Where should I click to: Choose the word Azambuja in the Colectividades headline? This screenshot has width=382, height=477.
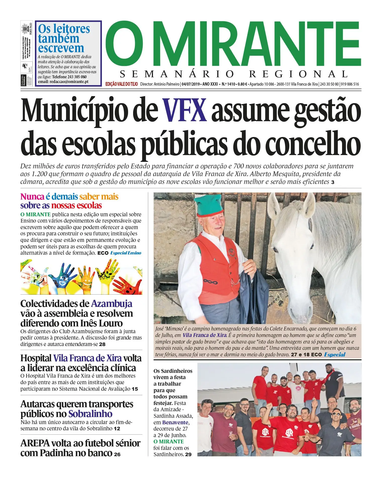(112, 304)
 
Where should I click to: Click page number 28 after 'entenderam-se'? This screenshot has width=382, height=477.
(102, 344)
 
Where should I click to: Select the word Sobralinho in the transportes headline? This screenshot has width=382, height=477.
(90, 414)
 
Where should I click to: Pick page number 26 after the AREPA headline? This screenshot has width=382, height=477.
(117, 454)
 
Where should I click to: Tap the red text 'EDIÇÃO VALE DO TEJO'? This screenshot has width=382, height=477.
(122, 84)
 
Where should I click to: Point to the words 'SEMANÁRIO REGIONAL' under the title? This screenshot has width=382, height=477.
(234, 74)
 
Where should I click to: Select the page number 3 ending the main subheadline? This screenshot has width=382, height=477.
(333, 182)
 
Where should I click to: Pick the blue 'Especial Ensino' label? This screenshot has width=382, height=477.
(126, 253)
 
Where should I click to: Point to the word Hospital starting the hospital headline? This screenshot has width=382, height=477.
(36, 358)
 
